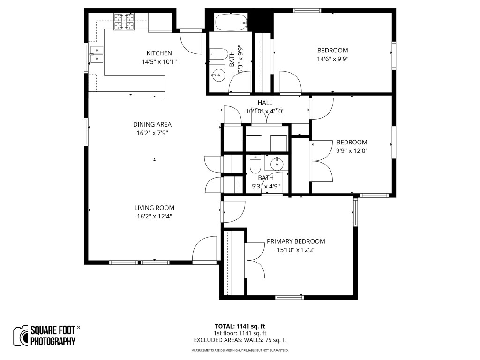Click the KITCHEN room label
click(x=159, y=53)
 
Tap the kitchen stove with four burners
click(x=124, y=21)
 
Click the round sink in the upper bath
click(x=217, y=74)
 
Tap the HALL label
click(x=264, y=103)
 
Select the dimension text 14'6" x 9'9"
click(x=332, y=59)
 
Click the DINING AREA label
click(x=152, y=124)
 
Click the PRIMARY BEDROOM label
click(x=295, y=241)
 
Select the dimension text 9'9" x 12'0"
click(x=352, y=151)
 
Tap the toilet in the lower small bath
click(x=255, y=165)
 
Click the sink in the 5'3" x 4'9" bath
click(x=277, y=164)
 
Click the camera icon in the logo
click(x=20, y=336)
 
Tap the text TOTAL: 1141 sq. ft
click(x=240, y=326)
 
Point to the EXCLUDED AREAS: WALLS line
click(x=240, y=340)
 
